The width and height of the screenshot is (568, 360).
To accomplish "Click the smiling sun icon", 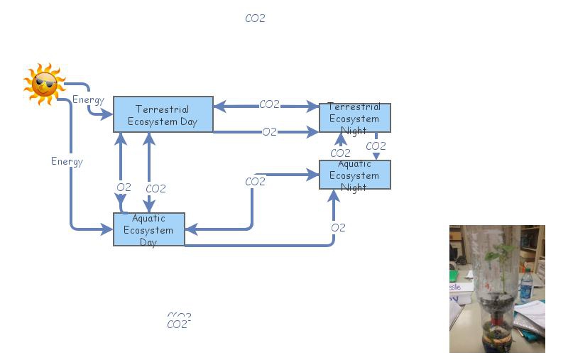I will [44, 84].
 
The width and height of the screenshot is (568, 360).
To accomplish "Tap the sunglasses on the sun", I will [45, 86].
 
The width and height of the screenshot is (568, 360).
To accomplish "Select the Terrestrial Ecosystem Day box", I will [163, 114].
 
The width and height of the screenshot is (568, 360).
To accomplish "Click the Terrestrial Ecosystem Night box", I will [354, 117].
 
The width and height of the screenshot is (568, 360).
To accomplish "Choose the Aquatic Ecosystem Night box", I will [354, 175].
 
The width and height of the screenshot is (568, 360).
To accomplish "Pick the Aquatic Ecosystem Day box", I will [148, 229].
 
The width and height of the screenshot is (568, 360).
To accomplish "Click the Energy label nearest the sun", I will [88, 99].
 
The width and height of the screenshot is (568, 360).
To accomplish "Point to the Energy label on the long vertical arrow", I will [67, 161].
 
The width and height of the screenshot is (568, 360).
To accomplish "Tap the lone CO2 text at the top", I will [255, 18].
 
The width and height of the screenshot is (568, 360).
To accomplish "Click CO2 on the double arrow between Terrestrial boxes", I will [269, 104].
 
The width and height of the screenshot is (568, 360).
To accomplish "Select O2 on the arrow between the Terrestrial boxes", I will [269, 131].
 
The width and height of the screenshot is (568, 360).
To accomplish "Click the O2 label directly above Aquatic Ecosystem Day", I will [124, 187].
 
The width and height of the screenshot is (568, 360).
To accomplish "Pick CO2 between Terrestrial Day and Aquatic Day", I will [155, 188].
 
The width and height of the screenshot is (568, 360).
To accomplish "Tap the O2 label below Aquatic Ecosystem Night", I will [338, 227].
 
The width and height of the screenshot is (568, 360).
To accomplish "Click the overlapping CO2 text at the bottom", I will [179, 322].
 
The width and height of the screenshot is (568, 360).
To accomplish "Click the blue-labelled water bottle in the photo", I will [525, 285].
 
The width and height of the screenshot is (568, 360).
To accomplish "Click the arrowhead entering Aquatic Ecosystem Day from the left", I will [108, 229].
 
